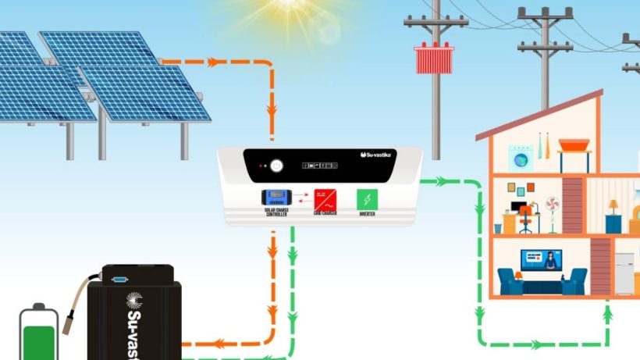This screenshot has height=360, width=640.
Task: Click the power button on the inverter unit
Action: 276,166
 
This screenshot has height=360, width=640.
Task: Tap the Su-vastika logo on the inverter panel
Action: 382,155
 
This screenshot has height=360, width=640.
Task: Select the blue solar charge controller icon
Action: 277,197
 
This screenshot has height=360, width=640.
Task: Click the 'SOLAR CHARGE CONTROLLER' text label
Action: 277,212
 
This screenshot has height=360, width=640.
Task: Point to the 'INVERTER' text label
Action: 366,212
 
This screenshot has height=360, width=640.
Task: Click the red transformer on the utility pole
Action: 434,59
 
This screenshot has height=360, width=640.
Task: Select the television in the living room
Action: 541,259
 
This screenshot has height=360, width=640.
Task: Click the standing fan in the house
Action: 553,212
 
